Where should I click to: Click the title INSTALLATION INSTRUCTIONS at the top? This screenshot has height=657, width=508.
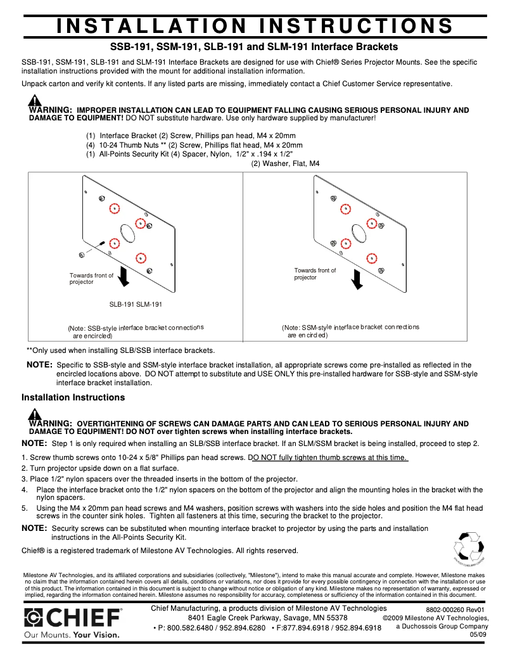coord(254,26)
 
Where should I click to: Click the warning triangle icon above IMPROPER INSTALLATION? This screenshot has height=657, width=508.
coord(35,101)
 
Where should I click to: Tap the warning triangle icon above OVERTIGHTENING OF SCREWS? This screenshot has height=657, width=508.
coord(35,414)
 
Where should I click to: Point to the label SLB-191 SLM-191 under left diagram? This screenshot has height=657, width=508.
coord(136,305)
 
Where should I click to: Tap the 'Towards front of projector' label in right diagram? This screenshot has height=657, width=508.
coord(315,274)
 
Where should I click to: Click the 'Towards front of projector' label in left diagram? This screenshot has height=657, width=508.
coord(91,279)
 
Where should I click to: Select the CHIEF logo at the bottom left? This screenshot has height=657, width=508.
coord(73,617)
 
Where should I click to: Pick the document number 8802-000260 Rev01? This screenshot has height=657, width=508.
coord(454,609)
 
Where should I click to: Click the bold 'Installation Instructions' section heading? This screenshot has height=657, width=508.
coord(73,397)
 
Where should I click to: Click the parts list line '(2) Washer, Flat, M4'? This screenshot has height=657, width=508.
coord(285,163)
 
